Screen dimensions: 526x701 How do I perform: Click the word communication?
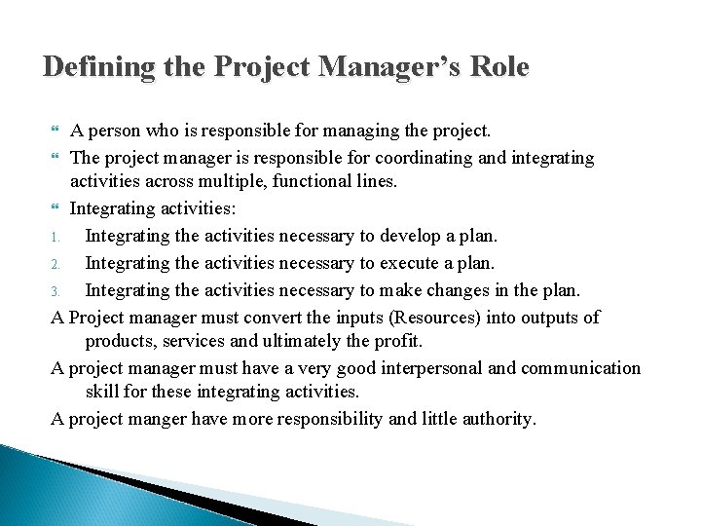(x=581, y=367)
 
